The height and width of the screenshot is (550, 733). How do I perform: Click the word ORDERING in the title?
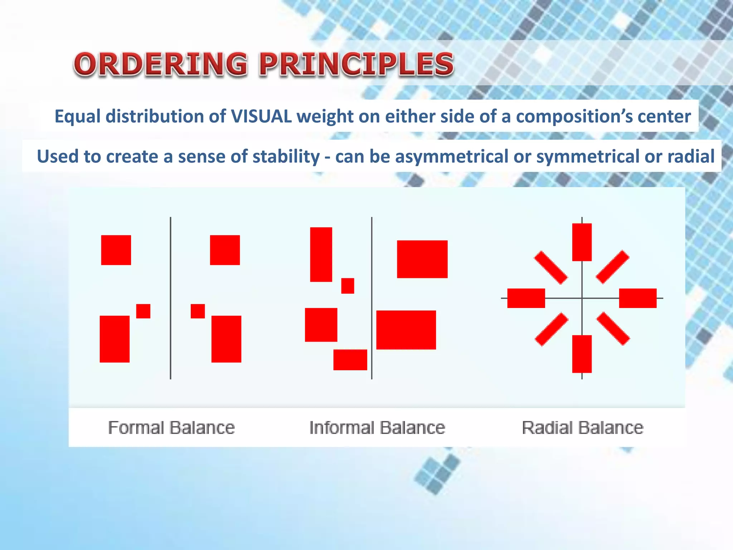pos(160,64)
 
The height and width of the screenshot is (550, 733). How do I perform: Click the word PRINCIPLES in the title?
pos(356,64)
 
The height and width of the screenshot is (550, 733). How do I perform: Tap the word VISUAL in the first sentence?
pos(261,116)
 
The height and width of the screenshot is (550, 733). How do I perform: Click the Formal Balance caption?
pos(171,428)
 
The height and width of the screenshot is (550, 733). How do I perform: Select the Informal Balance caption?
pos(377,428)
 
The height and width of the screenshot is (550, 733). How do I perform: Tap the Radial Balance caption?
pos(582,428)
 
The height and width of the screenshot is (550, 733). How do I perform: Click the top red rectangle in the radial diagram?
pos(582,242)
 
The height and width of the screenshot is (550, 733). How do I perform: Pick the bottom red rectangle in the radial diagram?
pos(582,354)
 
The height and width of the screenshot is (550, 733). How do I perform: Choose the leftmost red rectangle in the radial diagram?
pos(526,298)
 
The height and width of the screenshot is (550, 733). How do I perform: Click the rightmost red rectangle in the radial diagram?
pos(638,298)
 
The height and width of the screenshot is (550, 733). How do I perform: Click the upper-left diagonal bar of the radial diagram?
pos(551,267)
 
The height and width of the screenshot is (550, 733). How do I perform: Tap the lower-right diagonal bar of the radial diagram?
pos(613,329)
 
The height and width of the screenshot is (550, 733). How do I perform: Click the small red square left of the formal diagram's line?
pos(143,311)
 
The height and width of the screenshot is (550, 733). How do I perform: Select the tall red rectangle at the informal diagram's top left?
pos(321,255)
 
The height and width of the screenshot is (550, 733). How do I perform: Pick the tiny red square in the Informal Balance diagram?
pos(348,286)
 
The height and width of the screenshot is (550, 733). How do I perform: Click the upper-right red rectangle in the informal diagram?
pos(422,259)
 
